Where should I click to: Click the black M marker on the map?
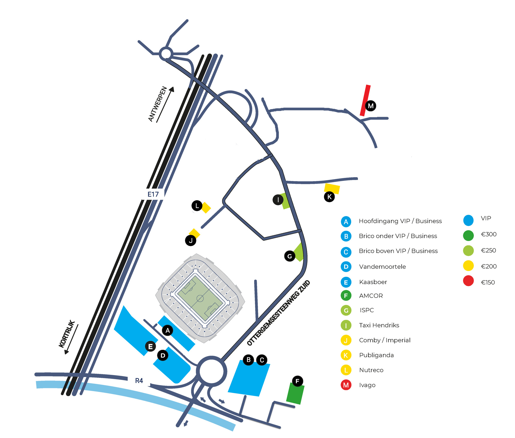point(371,106)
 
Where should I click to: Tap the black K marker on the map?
point(329,197)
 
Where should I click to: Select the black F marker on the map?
point(297,381)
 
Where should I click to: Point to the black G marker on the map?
point(290,256)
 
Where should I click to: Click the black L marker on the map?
point(197,206)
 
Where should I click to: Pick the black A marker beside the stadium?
point(168,330)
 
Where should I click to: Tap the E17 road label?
point(153,194)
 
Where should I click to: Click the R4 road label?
point(139,381)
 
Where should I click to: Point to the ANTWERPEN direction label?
point(158,104)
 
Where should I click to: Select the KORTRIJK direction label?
point(67,334)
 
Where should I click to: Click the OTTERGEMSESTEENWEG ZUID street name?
point(278,313)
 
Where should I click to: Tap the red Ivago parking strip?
point(365,101)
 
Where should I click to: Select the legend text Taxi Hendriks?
point(379,325)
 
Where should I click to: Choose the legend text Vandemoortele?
point(382,267)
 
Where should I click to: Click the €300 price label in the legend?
point(489,234)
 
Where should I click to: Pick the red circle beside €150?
point(468,281)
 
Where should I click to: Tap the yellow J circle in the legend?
point(346,340)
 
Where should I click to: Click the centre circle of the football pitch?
point(200,298)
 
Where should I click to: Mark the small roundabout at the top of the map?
point(166,54)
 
